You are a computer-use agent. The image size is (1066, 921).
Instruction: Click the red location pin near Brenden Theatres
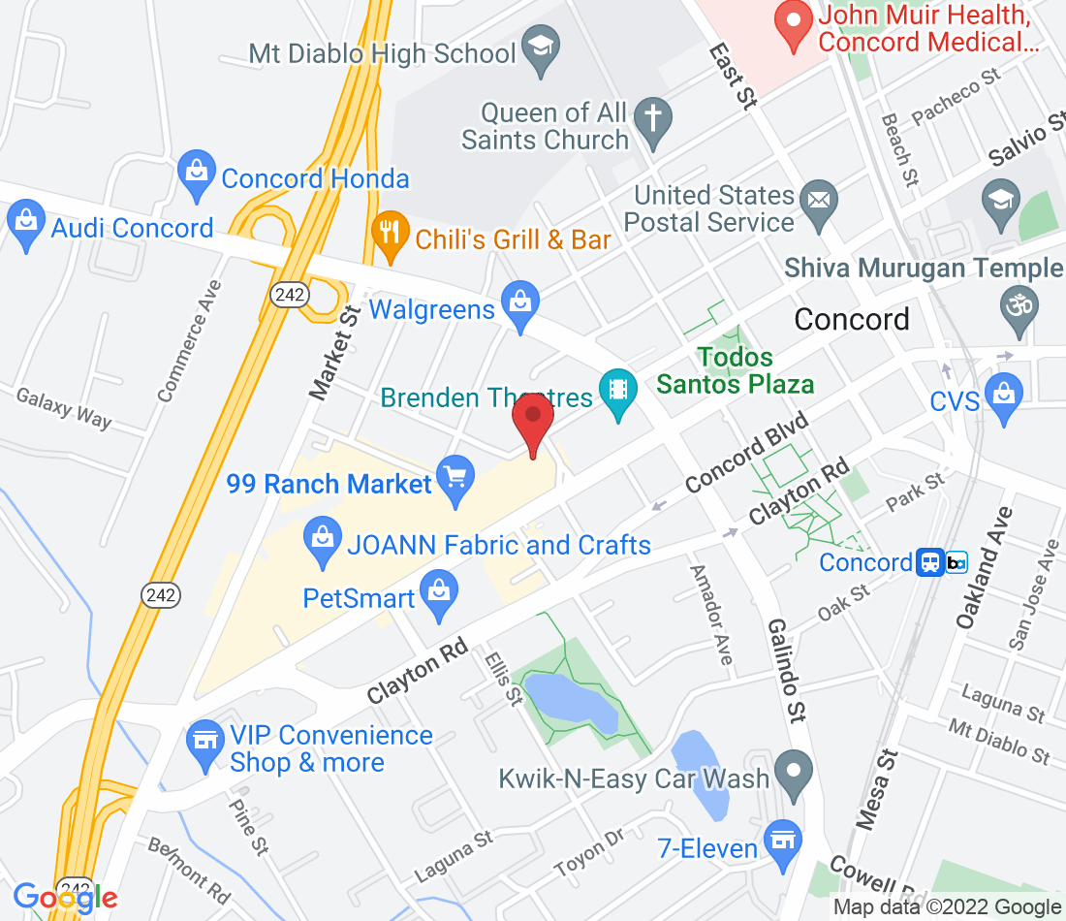click(532, 419)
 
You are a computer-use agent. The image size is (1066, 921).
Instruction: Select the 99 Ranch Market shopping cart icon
click(455, 479)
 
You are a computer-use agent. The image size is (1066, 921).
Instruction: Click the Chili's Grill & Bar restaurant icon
click(390, 234)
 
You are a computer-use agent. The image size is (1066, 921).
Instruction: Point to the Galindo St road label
click(787, 668)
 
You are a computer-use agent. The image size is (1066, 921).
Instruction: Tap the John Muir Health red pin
click(795, 25)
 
